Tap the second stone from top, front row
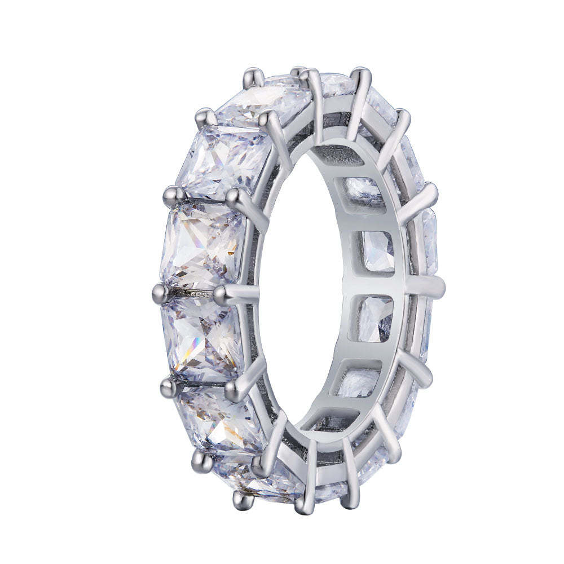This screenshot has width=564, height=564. [x=223, y=158]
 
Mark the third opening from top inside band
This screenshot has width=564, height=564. [x=374, y=251]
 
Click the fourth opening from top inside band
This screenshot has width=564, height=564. [x=371, y=319]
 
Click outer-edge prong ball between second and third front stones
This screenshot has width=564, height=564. [x=171, y=195]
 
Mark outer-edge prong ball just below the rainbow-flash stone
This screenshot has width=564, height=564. [x=168, y=385]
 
